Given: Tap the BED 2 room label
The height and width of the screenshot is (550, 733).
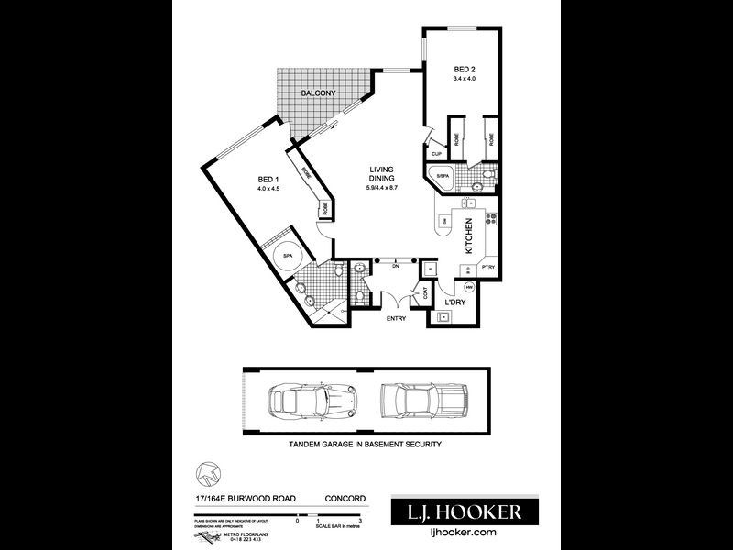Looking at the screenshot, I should pyautogui.click(x=465, y=69).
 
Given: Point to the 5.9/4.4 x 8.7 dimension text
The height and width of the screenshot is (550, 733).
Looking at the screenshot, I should pyautogui.click(x=381, y=189).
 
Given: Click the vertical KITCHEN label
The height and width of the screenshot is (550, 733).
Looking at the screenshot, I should pyautogui.click(x=469, y=236).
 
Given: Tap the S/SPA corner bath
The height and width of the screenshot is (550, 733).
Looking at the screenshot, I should pyautogui.click(x=443, y=177).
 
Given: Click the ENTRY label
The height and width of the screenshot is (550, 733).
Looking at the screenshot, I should pyautogui.click(x=395, y=318).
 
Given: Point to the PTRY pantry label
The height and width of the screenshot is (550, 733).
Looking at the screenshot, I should pyautogui.click(x=487, y=267).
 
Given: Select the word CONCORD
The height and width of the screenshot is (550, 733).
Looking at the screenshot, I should pyautogui.click(x=346, y=499).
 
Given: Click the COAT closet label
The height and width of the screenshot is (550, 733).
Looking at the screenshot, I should pyautogui.click(x=424, y=292).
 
